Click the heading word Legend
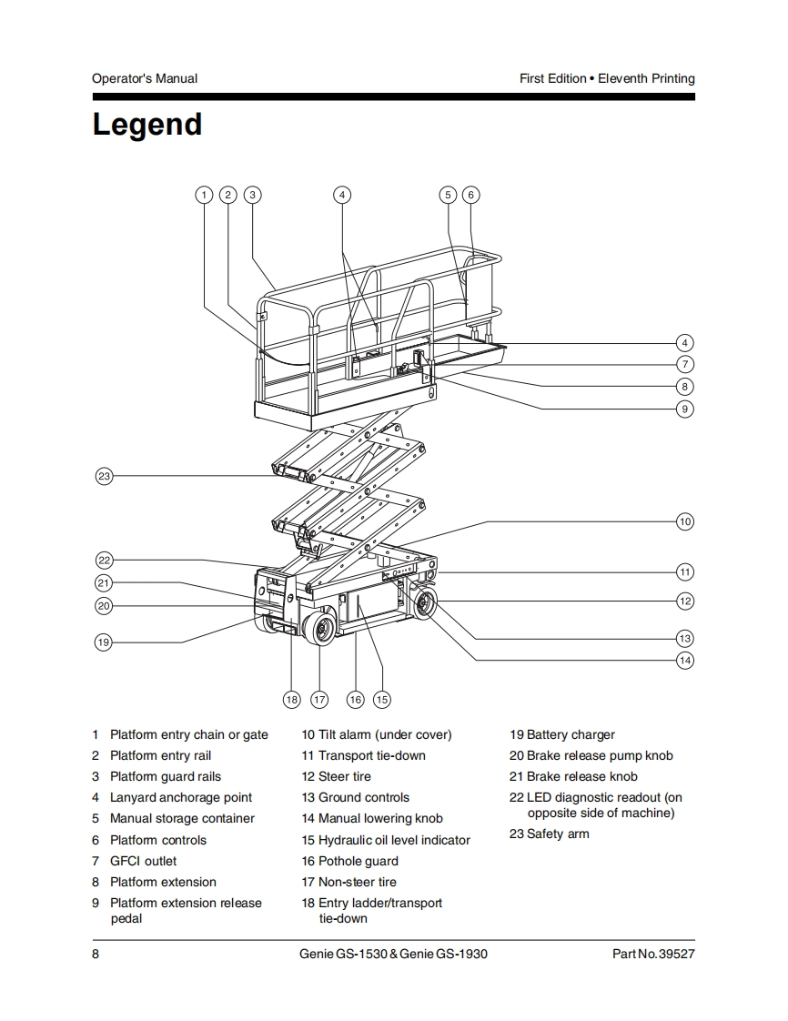coord(146,125)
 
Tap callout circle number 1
coord(205,195)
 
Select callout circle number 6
coord(470,195)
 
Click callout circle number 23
coord(105,476)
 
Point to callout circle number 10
coord(685,521)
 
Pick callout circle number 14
coord(685,660)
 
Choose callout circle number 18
coord(291,699)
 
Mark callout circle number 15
coord(382,699)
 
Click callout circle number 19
coord(104,642)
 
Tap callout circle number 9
coord(685,409)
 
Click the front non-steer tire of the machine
coord(320,629)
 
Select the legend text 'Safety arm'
coord(558,834)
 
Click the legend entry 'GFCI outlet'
coord(143,861)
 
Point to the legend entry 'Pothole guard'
coord(358,861)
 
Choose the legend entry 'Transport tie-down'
coord(371,755)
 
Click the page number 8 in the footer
coord(96,954)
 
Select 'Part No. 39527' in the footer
coord(653,954)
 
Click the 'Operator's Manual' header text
coord(145,78)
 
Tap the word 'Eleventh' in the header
coord(622,78)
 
